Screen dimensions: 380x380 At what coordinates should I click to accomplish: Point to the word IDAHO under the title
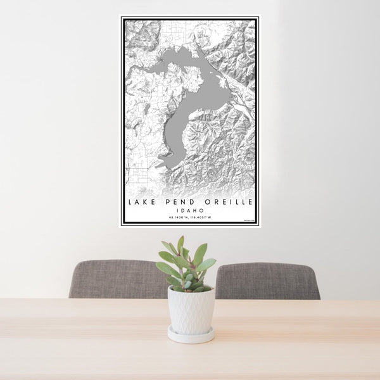click(190, 210)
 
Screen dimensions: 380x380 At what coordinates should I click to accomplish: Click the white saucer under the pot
click(191, 336)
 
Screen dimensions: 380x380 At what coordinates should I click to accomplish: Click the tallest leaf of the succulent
click(180, 244)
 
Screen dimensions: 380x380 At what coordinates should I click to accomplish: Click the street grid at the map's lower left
click(137, 173)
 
